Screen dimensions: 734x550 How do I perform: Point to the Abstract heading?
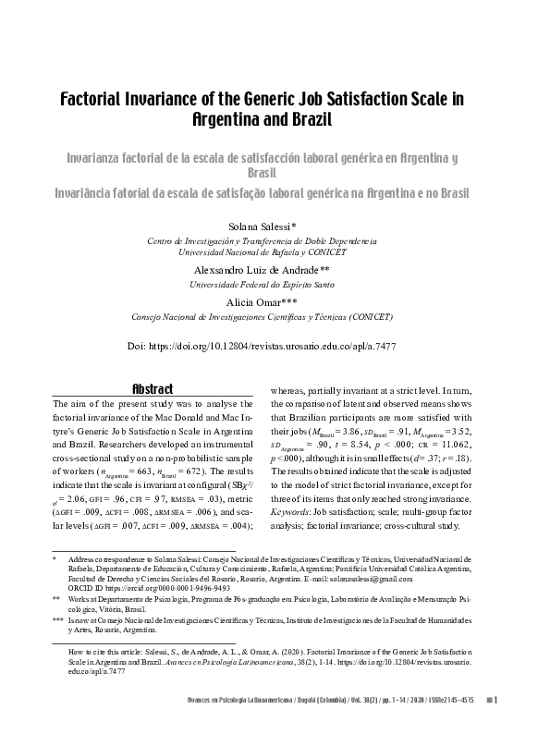(x=153, y=389)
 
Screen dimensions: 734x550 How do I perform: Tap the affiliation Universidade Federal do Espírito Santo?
(x=275, y=285)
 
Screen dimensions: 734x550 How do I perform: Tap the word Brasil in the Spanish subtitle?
(x=275, y=173)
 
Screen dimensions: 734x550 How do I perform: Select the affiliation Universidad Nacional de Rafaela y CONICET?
(x=275, y=251)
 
